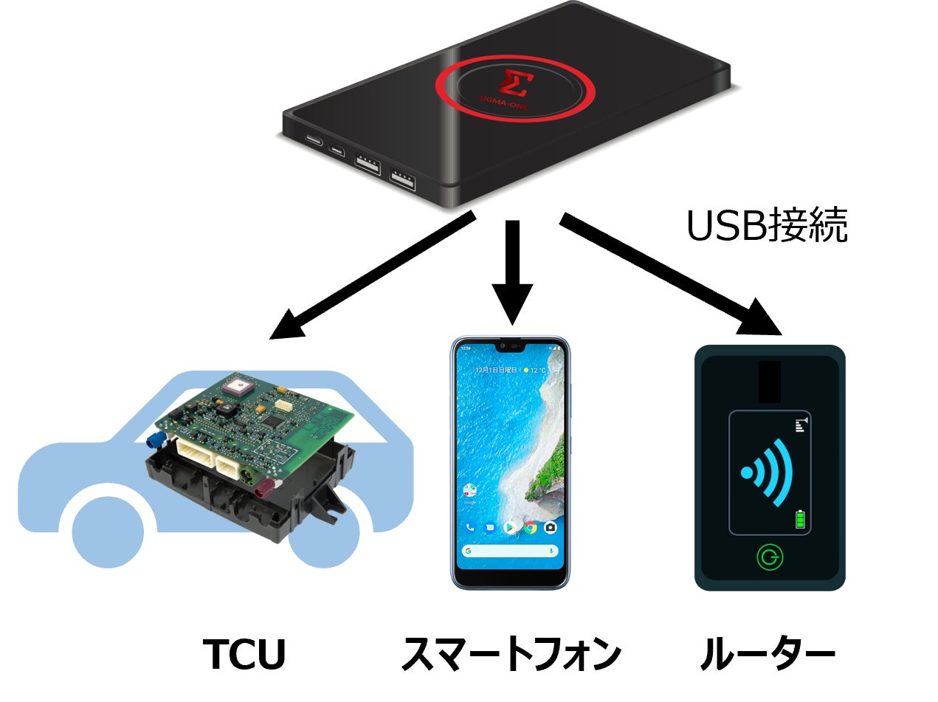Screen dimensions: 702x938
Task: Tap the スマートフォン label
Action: tap(511, 653)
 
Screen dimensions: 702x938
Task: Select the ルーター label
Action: tap(768, 653)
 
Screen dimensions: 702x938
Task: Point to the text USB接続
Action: tap(766, 227)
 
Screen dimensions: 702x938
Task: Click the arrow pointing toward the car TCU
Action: tap(369, 278)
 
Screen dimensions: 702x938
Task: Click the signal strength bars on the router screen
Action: tap(801, 424)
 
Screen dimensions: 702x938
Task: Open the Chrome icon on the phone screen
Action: tap(530, 527)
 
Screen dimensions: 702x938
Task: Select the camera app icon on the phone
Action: tap(550, 527)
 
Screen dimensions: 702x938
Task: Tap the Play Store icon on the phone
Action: tap(509, 527)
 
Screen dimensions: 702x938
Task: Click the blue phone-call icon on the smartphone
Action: tap(469, 527)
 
